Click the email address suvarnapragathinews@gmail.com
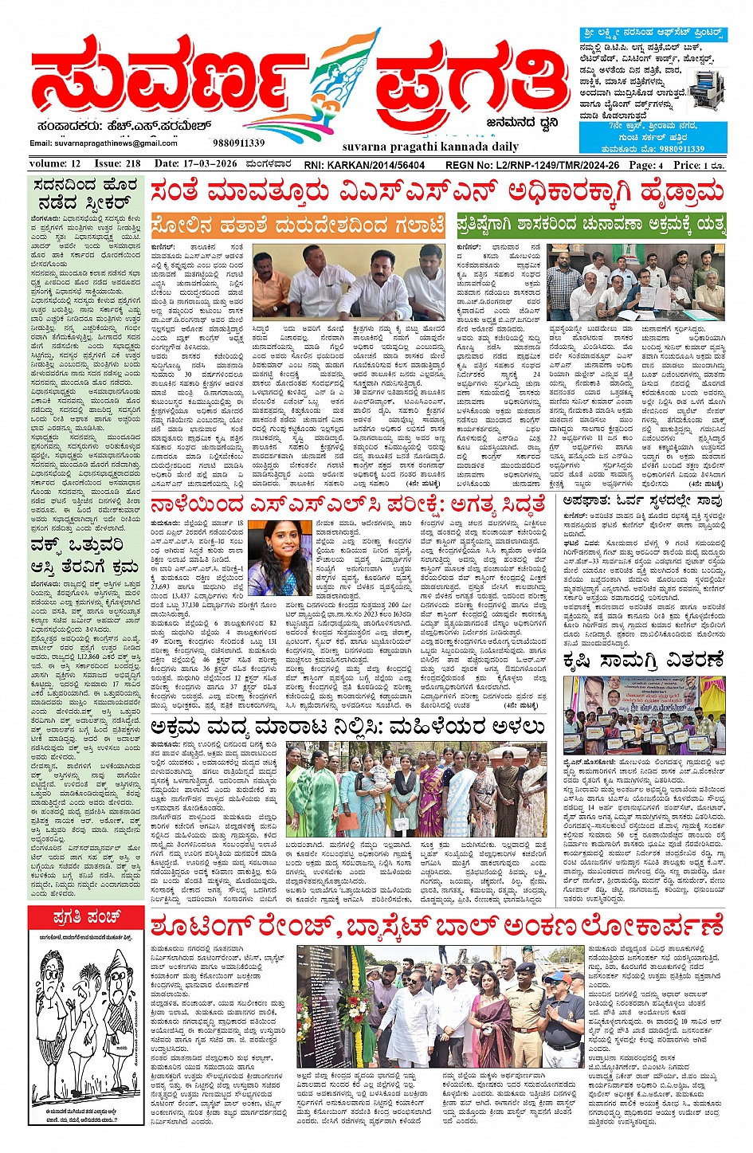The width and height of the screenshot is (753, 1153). click(x=104, y=143)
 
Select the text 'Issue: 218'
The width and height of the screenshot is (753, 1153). click(x=118, y=163)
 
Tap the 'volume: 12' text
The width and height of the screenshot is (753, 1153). click(x=55, y=163)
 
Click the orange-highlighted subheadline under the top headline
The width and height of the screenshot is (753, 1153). click(x=297, y=226)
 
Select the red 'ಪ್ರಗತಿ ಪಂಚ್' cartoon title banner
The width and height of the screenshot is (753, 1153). click(x=86, y=918)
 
